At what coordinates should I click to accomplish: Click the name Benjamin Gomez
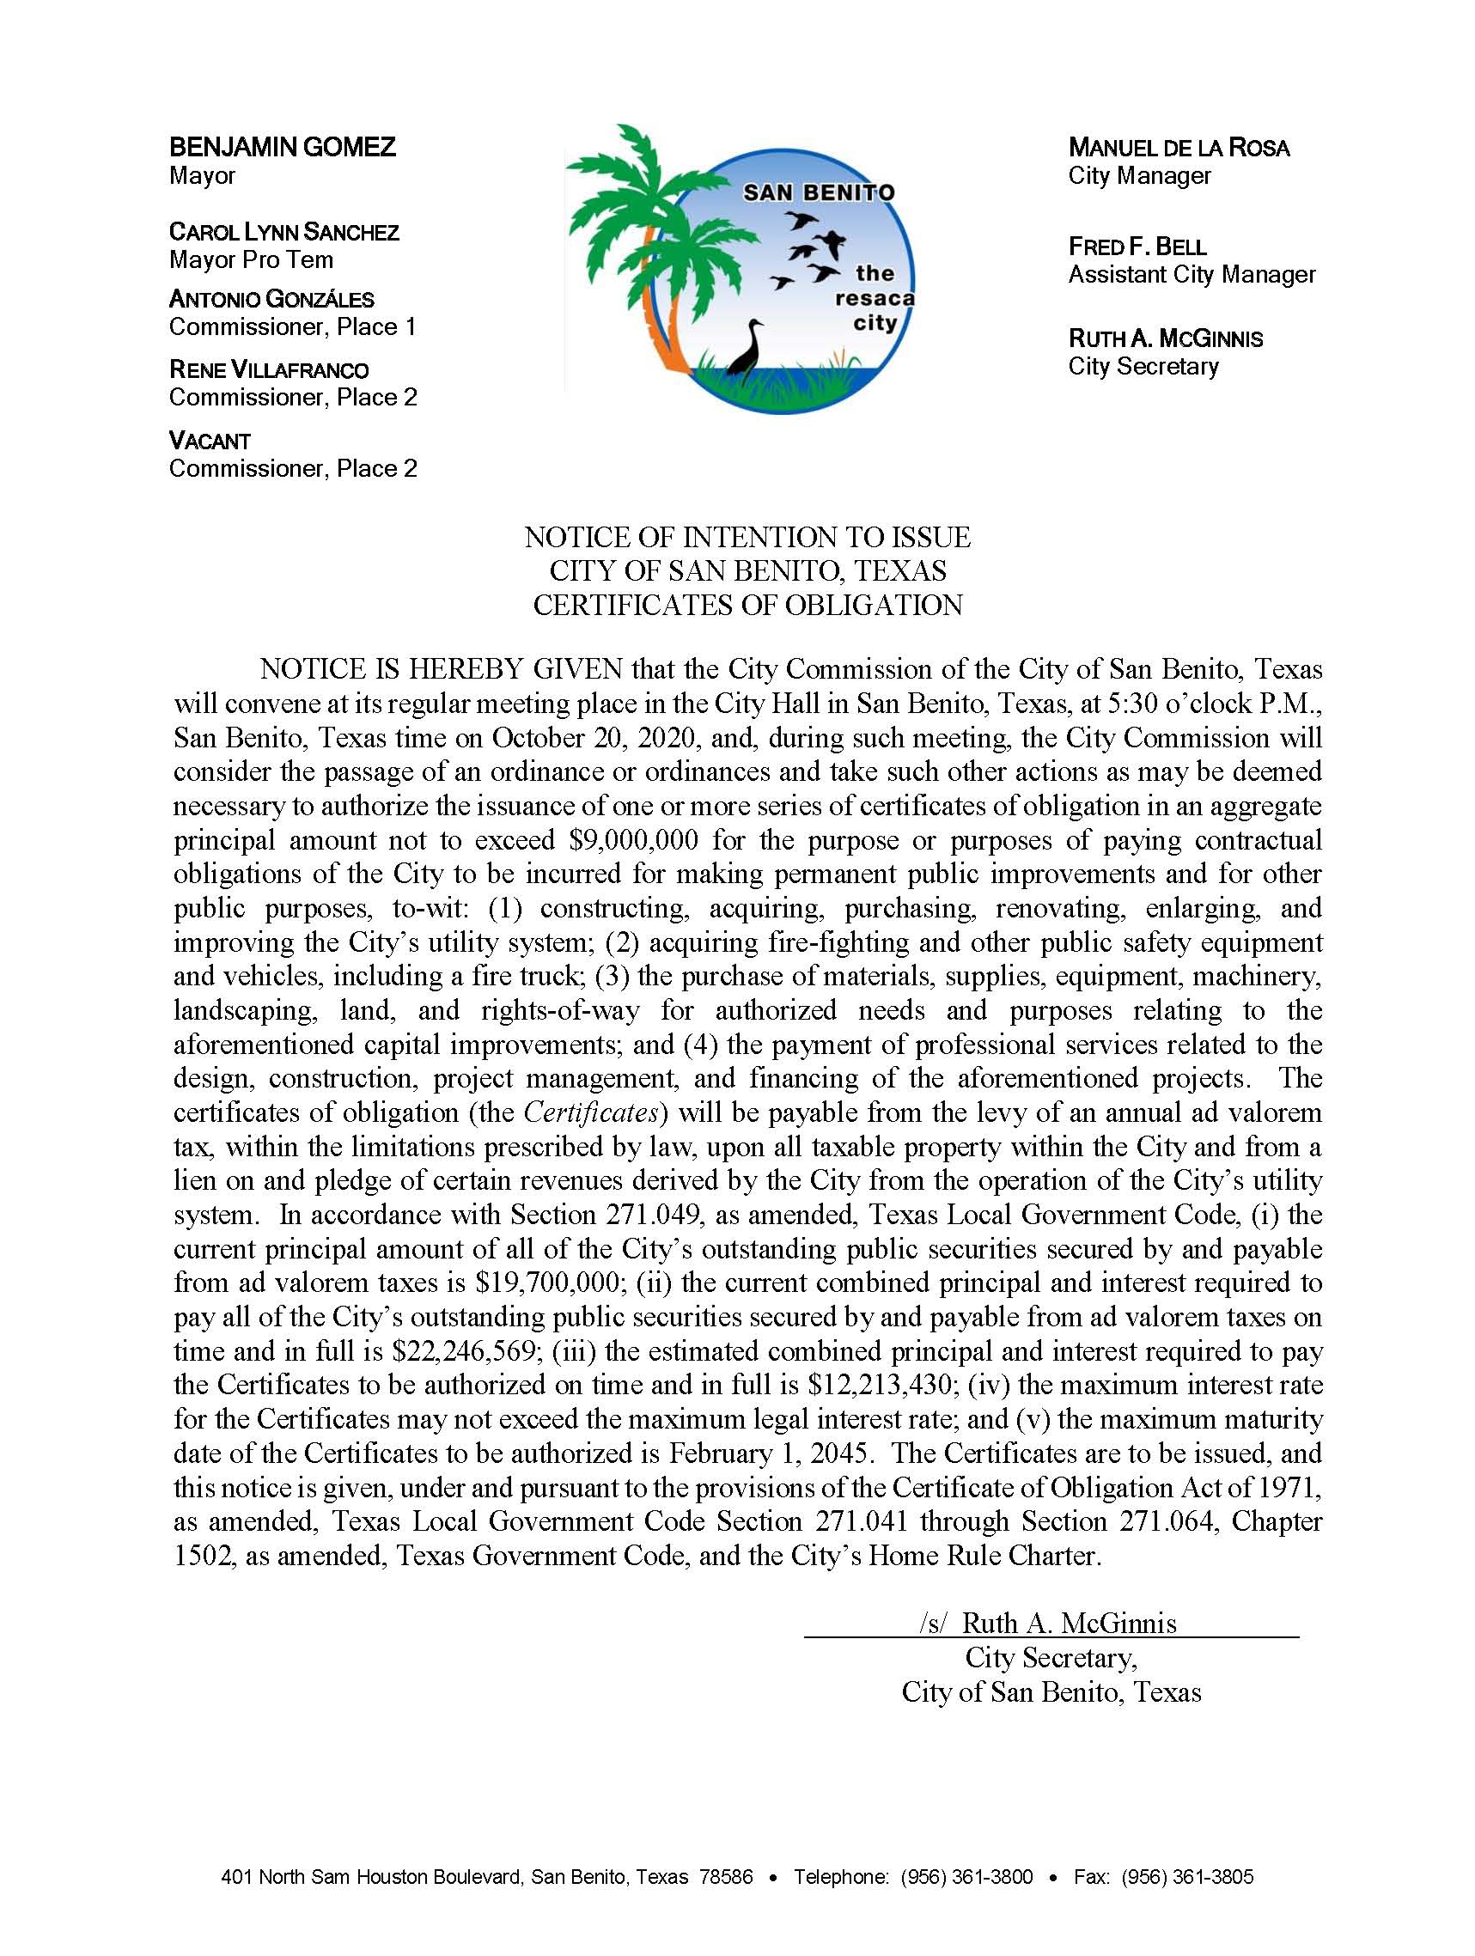click(x=282, y=147)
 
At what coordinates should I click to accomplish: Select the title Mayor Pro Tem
click(x=251, y=260)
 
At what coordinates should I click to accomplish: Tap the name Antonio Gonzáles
click(x=271, y=299)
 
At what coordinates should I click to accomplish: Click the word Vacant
click(x=210, y=441)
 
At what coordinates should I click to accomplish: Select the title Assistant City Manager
click(x=1192, y=274)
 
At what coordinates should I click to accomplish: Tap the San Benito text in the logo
click(x=818, y=192)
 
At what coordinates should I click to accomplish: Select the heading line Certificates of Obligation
click(x=747, y=605)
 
